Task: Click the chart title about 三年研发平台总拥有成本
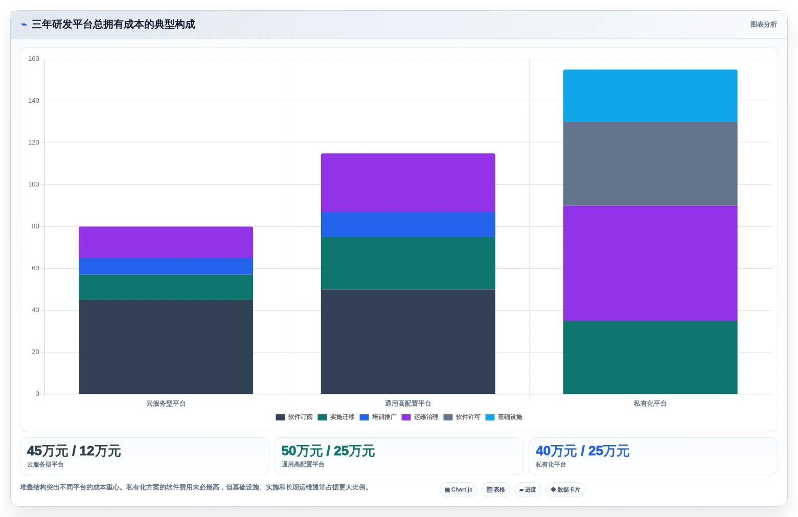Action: pyautogui.click(x=113, y=25)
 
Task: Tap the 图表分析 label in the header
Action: pyautogui.click(x=763, y=25)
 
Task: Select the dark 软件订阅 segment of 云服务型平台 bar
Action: pyautogui.click(x=166, y=347)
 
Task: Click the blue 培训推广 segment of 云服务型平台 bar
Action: pyautogui.click(x=166, y=266)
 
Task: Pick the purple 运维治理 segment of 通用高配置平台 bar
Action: pyautogui.click(x=408, y=183)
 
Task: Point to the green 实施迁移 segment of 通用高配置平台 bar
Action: pyautogui.click(x=408, y=263)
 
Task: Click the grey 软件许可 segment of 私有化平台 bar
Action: pyautogui.click(x=650, y=164)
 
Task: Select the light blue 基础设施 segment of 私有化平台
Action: pyautogui.click(x=650, y=96)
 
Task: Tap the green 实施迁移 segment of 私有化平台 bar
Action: pyautogui.click(x=650, y=357)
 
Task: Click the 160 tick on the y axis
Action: pyautogui.click(x=34, y=59)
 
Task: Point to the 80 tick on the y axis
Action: pyautogui.click(x=35, y=226)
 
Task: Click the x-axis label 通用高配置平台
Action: pyautogui.click(x=408, y=404)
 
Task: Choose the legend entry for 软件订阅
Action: pyautogui.click(x=294, y=417)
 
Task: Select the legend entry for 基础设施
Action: pyautogui.click(x=504, y=417)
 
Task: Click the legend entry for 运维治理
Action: pyautogui.click(x=420, y=417)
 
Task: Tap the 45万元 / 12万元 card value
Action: pyautogui.click(x=74, y=451)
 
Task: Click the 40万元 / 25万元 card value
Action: pyautogui.click(x=582, y=451)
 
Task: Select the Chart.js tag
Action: pyautogui.click(x=459, y=489)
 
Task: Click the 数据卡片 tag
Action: pyautogui.click(x=565, y=489)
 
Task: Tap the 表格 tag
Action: pyautogui.click(x=496, y=489)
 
